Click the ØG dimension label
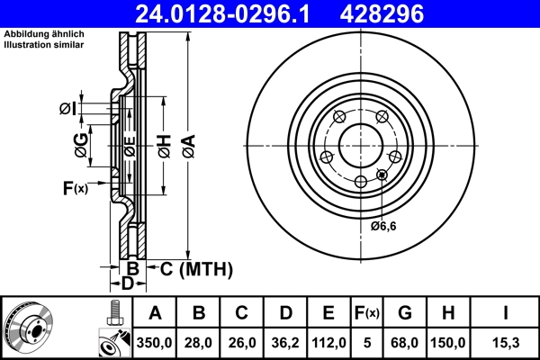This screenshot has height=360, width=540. (x=81, y=146)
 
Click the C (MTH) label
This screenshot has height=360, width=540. (x=196, y=268)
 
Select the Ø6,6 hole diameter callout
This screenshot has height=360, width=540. (x=384, y=226)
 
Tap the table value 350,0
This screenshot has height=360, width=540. (x=156, y=343)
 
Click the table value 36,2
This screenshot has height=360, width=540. (x=285, y=343)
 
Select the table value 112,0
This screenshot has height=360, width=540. (x=328, y=343)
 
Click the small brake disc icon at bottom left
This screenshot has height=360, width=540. (x=29, y=327)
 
